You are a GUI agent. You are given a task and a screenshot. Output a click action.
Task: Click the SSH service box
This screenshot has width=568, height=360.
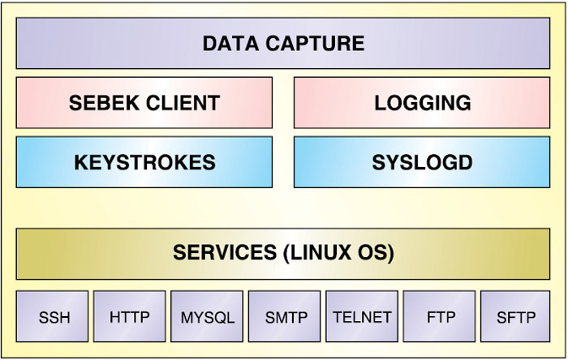pyautogui.click(x=54, y=317)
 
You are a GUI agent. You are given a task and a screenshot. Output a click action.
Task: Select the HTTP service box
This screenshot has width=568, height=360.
pyautogui.click(x=130, y=317)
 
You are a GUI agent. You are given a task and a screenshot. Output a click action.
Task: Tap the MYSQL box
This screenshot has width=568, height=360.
pyautogui.click(x=207, y=317)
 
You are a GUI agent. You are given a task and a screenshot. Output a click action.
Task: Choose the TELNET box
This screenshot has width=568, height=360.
pyautogui.click(x=362, y=317)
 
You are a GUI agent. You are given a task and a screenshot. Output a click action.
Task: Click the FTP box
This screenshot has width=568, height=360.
pyautogui.click(x=439, y=317)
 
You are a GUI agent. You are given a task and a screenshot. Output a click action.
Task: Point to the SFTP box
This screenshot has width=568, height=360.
pyautogui.click(x=516, y=317)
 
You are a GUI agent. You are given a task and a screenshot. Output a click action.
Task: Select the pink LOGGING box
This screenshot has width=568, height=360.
pyautogui.click(x=422, y=103)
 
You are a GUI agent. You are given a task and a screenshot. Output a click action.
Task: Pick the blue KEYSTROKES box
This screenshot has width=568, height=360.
pyautogui.click(x=144, y=162)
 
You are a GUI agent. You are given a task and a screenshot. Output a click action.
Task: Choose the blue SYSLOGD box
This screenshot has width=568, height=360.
pyautogui.click(x=422, y=162)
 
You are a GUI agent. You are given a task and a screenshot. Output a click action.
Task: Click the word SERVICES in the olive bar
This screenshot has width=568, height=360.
pyautogui.click(x=223, y=252)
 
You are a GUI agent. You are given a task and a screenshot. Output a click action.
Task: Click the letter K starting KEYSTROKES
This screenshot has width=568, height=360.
pyautogui.click(x=80, y=162)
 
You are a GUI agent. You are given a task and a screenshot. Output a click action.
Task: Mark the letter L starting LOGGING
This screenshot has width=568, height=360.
pyautogui.click(x=379, y=103)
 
